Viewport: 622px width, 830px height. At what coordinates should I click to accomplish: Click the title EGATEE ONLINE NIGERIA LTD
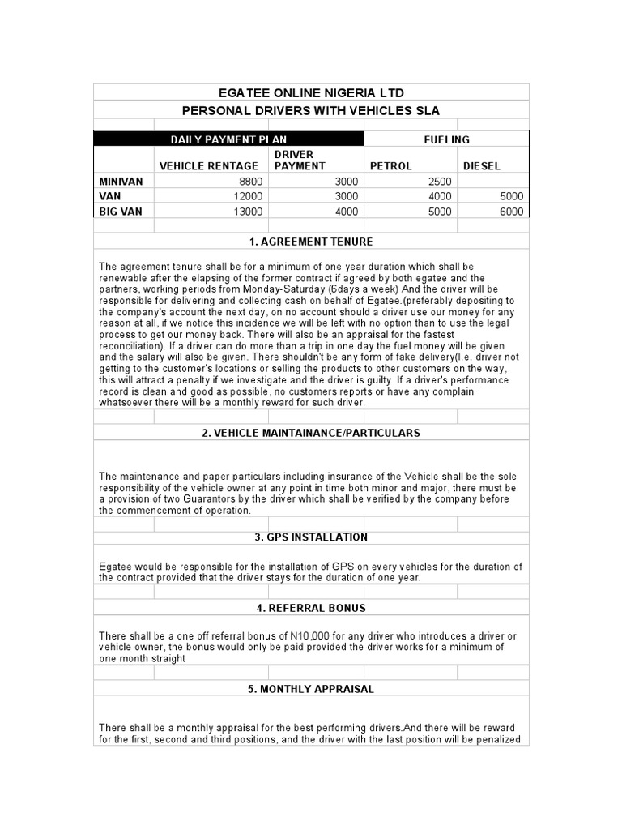[x=311, y=92]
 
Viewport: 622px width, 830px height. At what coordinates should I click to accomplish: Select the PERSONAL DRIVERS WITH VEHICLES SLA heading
[x=311, y=111]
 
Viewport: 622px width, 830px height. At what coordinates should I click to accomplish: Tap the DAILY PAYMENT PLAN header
[x=228, y=139]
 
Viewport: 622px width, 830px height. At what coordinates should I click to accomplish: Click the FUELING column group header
[x=446, y=139]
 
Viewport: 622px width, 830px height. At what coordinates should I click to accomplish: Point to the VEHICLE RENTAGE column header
[x=209, y=166]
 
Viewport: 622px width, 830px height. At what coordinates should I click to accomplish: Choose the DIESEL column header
[x=481, y=166]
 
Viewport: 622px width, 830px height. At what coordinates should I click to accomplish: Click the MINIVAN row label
[x=121, y=182]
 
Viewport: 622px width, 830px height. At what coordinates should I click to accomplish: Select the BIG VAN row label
[x=121, y=212]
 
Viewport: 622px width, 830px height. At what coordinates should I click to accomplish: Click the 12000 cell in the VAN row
[x=248, y=196]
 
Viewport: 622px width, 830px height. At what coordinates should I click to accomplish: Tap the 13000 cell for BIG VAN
[x=248, y=212]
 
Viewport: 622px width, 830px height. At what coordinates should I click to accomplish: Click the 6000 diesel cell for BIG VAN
[x=511, y=212]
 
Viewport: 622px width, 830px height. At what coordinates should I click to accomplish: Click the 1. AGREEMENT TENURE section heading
[x=311, y=242]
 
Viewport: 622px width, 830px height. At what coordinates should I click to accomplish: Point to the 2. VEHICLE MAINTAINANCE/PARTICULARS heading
[x=311, y=433]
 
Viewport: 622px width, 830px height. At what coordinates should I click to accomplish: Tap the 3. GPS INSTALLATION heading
[x=311, y=537]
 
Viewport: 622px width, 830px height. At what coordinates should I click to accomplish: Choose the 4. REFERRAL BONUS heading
[x=311, y=608]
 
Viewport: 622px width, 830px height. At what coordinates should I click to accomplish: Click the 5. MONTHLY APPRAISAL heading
[x=311, y=689]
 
